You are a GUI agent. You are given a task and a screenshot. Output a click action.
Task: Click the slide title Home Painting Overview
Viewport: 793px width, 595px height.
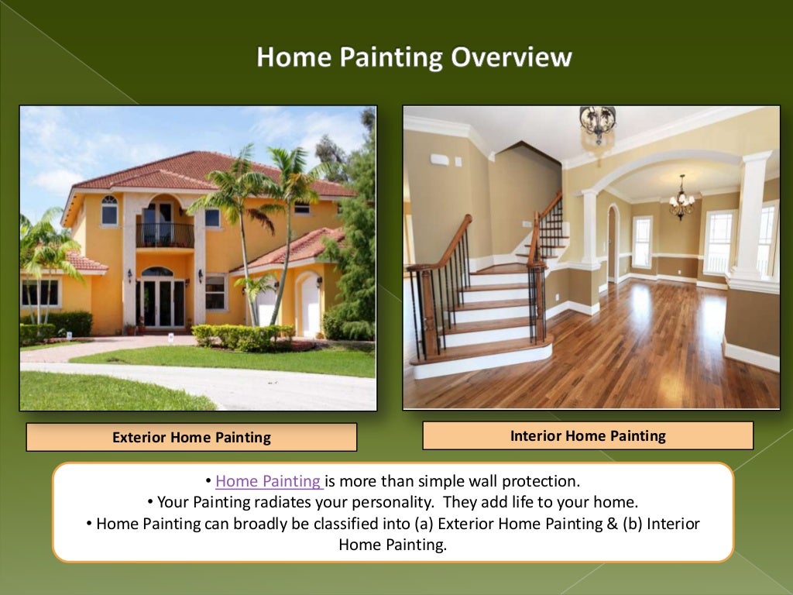(x=414, y=57)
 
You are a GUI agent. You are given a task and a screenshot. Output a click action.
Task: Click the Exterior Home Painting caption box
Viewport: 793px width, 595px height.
(x=191, y=437)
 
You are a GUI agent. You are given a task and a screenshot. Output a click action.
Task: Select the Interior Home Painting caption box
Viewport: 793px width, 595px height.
(x=587, y=435)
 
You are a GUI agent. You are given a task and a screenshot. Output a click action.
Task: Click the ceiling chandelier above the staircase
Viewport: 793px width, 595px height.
(x=597, y=124)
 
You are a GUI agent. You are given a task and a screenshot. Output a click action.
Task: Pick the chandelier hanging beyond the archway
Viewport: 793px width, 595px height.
(x=681, y=199)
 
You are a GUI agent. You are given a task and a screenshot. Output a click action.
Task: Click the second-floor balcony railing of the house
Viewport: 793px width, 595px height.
(x=165, y=235)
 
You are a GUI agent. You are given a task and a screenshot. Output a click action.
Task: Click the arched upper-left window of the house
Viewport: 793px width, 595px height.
(x=109, y=210)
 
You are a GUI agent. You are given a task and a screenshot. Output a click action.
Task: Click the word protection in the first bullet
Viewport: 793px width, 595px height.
(x=536, y=481)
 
